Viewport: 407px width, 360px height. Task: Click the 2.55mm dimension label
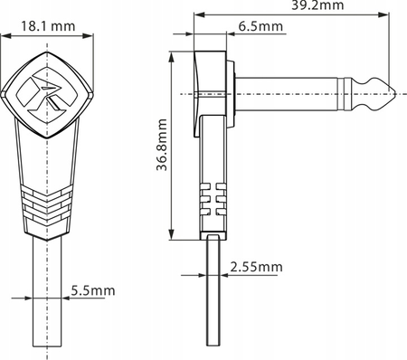(x=256, y=267)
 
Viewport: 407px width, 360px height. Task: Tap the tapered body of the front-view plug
(x=48, y=154)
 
